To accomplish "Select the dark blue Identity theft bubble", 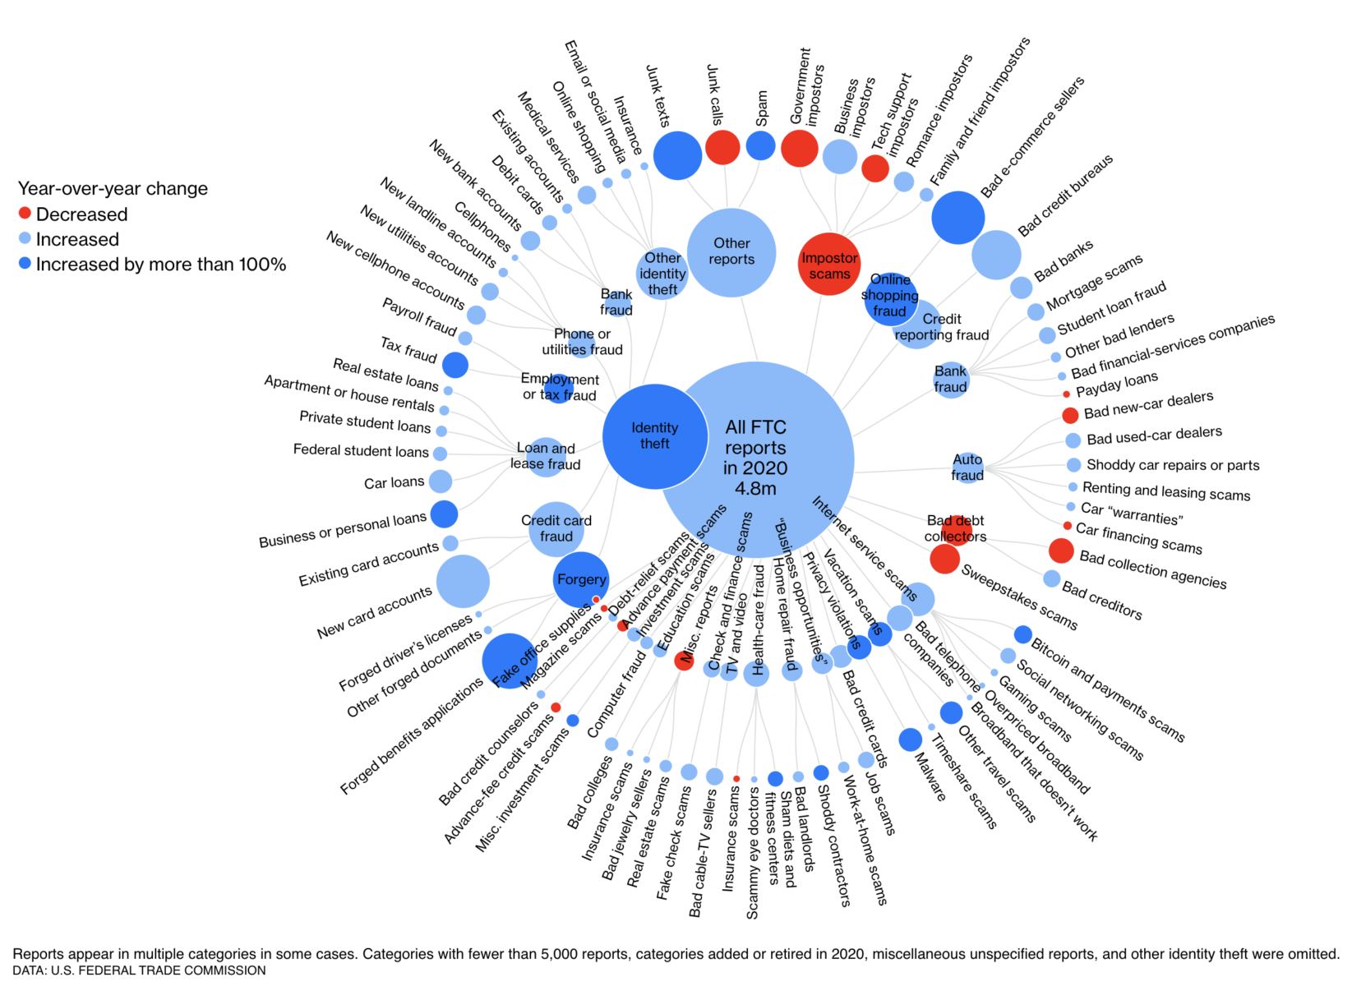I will click(655, 436).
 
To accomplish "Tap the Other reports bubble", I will click(731, 251).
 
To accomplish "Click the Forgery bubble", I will click(581, 579).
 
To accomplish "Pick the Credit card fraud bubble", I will click(556, 528).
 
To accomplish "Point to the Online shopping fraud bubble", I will click(890, 298).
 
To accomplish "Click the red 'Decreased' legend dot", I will click(25, 214).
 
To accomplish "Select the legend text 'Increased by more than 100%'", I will click(160, 265).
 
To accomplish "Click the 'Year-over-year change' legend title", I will click(113, 188).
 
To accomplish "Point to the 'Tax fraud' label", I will click(408, 349).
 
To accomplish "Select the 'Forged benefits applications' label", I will click(412, 737).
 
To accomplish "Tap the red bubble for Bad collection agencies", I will click(1060, 551).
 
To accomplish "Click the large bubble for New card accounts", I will click(463, 581).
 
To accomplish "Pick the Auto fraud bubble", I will click(967, 468).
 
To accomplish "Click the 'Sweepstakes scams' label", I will click(1019, 597).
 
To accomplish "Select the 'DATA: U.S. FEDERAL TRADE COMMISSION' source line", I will click(139, 970).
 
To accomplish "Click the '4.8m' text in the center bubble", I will click(755, 489).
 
